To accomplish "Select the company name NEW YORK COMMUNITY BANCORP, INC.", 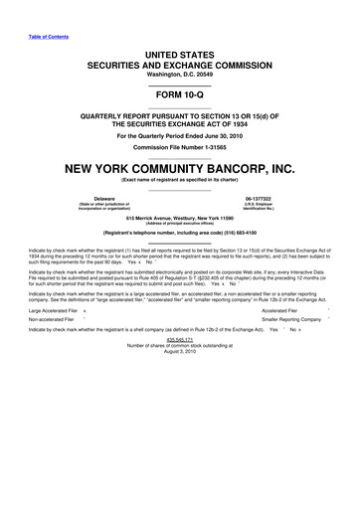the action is coord(180,167).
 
